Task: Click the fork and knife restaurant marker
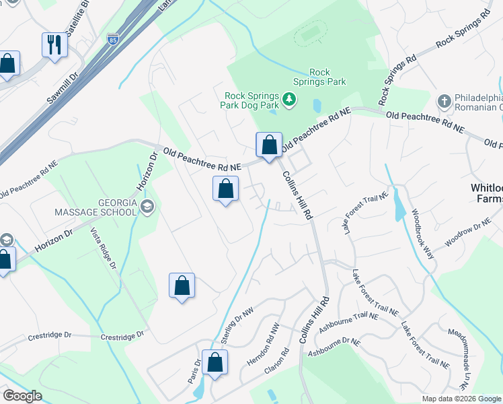click(54, 45)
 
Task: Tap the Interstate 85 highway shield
click(114, 39)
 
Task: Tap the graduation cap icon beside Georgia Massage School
click(147, 206)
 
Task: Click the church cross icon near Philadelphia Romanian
click(443, 102)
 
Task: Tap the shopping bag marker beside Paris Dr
click(215, 363)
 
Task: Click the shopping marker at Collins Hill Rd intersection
click(269, 145)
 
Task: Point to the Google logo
click(22, 395)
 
